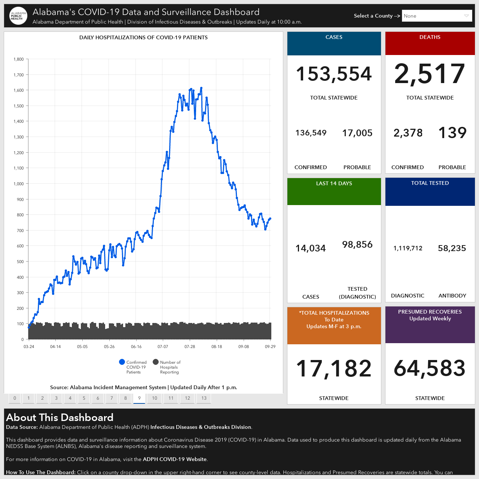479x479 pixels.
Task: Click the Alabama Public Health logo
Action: (x=18, y=16)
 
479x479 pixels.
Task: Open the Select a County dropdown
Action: (x=437, y=16)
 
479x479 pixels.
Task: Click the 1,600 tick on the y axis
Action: (x=19, y=90)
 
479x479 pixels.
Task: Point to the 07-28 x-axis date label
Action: (x=190, y=347)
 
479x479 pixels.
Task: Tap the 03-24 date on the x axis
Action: (x=29, y=347)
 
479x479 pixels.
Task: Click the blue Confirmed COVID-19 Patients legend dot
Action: (x=122, y=362)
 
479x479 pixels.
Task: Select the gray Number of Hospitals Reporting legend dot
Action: (x=156, y=362)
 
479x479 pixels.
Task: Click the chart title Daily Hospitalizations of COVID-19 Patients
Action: (x=143, y=37)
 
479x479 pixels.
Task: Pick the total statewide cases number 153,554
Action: (x=334, y=74)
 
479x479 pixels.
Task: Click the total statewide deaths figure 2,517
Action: (x=430, y=74)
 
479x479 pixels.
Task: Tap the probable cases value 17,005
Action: (x=357, y=133)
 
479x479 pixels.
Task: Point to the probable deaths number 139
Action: (x=452, y=132)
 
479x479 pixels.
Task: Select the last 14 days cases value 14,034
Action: (x=311, y=248)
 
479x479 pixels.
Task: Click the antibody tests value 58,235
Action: (x=452, y=248)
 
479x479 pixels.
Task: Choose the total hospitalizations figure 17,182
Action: (x=334, y=368)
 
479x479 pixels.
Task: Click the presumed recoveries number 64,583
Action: (x=430, y=368)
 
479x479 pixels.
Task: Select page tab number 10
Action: (x=154, y=398)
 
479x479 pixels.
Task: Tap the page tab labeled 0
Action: (x=15, y=398)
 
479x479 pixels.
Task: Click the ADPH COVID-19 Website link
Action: (x=174, y=459)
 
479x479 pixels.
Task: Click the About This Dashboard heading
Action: (x=60, y=417)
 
